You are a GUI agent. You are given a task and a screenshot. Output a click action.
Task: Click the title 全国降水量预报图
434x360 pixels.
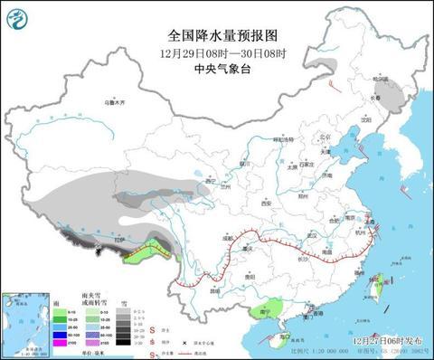pyautogui.click(x=217, y=35)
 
